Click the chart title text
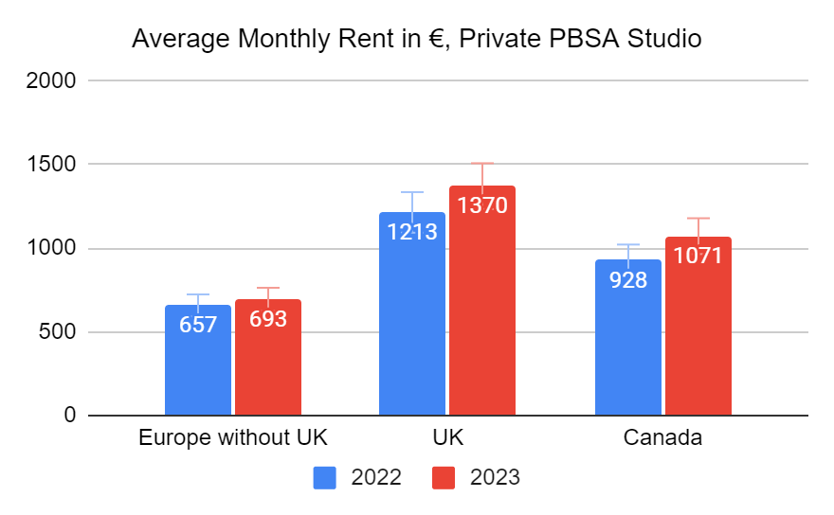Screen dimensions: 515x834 [x=416, y=40]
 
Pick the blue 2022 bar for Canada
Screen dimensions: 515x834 [x=628, y=350]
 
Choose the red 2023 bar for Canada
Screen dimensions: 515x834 [x=698, y=341]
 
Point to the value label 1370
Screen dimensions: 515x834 [x=482, y=204]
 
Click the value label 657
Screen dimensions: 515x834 [x=198, y=324]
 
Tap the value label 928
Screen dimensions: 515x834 [x=628, y=279]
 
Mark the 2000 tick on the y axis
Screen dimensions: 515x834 [x=53, y=80]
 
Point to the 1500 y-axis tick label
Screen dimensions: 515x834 [x=53, y=165]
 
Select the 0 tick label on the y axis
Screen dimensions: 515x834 [x=69, y=416]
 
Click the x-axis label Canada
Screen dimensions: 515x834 [x=663, y=438]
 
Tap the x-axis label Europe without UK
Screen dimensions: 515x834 [x=233, y=438]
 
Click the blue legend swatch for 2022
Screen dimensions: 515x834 [x=325, y=477]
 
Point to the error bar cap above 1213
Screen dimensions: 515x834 [x=412, y=192]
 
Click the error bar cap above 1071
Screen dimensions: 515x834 [x=698, y=218]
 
